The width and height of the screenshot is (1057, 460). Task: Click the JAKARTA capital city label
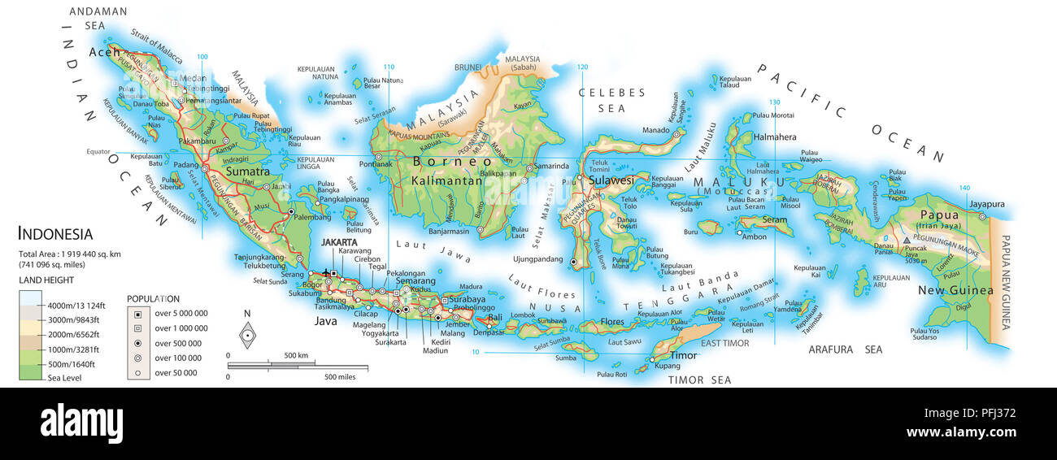[x=339, y=242]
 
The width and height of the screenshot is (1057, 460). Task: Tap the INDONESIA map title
[x=55, y=234]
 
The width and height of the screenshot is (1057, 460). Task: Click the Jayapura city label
[x=987, y=204]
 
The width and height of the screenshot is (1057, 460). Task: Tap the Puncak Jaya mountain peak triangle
[x=906, y=241]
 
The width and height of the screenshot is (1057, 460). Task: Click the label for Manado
[x=655, y=130]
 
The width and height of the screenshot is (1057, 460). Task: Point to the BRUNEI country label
[x=468, y=67]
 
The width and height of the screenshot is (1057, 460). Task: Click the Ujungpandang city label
[x=537, y=259]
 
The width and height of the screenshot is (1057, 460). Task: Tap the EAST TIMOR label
[x=724, y=344]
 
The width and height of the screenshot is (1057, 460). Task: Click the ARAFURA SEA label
[x=845, y=349]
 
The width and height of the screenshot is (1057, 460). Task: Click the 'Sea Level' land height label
[x=64, y=378]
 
